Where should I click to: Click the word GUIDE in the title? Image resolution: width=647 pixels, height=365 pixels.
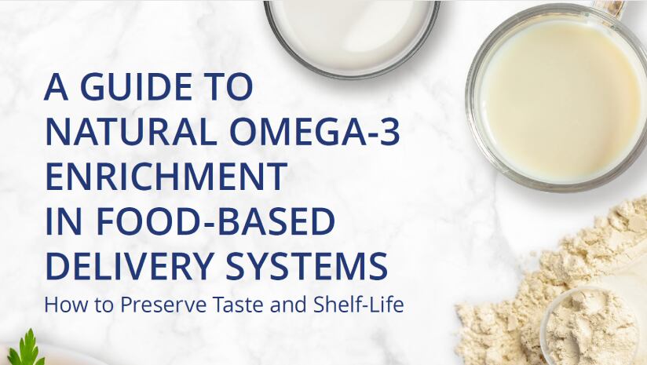pos(136,87)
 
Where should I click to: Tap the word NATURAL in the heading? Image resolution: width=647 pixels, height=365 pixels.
pos(132,133)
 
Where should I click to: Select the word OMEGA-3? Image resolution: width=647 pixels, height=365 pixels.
pos(315,133)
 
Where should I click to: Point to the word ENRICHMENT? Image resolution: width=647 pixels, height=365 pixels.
pos(166,177)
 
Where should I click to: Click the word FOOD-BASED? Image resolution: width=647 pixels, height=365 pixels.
pos(215,221)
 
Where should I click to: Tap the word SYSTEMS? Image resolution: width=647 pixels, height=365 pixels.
pos(306,265)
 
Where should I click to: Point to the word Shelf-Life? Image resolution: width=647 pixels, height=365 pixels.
pos(358,305)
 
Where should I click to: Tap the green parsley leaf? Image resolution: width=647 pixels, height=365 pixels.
pos(27,349)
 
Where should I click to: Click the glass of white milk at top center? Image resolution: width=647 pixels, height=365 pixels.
pos(352,35)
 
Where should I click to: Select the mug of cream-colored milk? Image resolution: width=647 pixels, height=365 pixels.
pos(556,98)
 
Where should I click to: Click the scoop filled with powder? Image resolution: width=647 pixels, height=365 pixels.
pos(594,326)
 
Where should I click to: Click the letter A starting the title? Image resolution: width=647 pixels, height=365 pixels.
pos(56,87)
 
